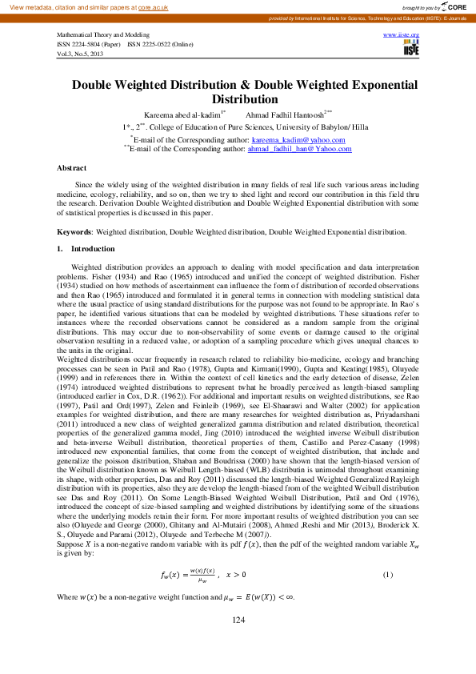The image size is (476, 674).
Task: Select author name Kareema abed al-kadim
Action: pos(183,114)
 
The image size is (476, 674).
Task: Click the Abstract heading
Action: pos(71,168)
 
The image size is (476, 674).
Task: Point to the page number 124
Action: pos(238,643)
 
